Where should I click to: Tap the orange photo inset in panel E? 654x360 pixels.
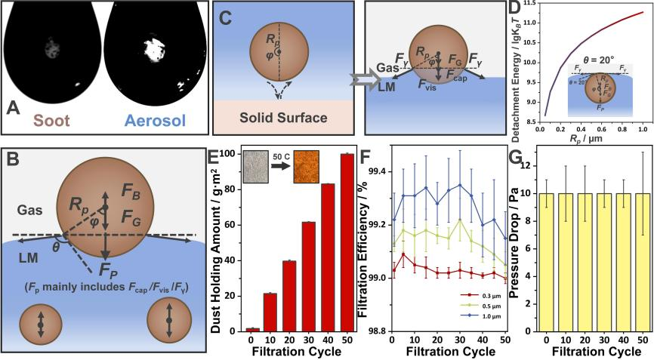[306, 167]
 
